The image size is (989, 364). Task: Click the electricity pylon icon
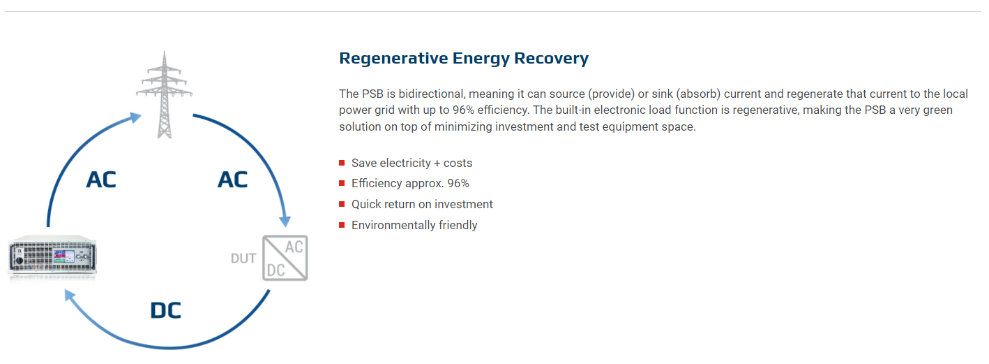click(164, 94)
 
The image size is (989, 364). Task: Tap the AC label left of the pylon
click(101, 180)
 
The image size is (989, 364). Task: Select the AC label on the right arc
click(233, 180)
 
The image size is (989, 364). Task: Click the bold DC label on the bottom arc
click(166, 310)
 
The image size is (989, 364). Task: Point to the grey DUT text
click(243, 259)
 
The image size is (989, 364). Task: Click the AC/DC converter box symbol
click(285, 258)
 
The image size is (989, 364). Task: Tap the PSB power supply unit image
click(52, 257)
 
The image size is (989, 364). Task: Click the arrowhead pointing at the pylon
click(135, 117)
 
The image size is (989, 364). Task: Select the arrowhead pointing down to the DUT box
click(285, 221)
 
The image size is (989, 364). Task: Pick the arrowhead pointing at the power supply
click(70, 295)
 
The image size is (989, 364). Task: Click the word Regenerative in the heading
click(393, 59)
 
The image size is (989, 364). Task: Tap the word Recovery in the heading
click(552, 59)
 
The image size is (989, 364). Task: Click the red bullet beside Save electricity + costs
click(342, 163)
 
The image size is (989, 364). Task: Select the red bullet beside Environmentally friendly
click(342, 225)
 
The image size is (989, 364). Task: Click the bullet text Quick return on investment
click(422, 204)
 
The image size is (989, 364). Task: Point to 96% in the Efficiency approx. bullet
click(458, 184)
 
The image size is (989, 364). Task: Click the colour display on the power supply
click(63, 256)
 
